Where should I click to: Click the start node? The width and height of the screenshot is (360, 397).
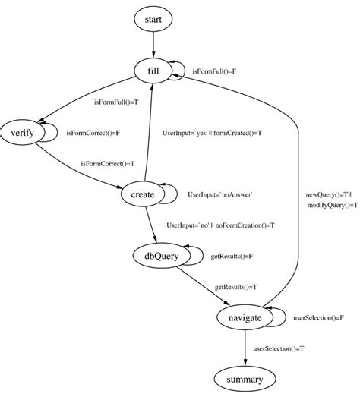153,18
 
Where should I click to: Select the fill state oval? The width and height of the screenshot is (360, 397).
153,71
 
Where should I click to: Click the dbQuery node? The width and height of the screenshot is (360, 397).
156,257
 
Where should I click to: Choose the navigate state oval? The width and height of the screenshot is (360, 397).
245,317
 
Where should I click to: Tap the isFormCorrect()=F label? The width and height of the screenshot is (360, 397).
94,133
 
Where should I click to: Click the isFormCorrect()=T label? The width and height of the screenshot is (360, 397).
108,163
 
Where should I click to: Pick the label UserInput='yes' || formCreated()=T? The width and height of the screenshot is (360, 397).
213,133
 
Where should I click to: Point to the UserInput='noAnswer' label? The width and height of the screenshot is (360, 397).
219,195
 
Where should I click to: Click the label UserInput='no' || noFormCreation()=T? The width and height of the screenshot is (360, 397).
220,225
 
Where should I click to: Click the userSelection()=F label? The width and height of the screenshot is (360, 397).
319,318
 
